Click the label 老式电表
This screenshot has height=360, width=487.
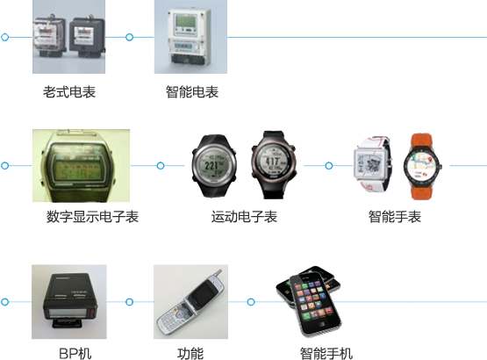[69, 92]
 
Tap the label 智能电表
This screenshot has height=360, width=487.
[192, 92]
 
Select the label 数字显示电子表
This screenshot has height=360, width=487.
[92, 216]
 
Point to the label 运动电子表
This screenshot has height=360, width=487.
[244, 216]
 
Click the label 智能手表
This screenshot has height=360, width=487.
[395, 216]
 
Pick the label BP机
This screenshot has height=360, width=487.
[75, 354]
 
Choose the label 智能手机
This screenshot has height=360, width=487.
[326, 354]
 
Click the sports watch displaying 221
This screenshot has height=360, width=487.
[214, 165]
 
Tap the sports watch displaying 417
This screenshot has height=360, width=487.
[273, 165]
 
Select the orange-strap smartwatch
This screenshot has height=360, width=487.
[422, 166]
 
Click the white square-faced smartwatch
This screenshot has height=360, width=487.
[372, 164]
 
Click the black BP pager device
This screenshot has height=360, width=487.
[70, 300]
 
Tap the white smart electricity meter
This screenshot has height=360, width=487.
[190, 37]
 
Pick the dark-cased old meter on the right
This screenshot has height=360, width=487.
[87, 36]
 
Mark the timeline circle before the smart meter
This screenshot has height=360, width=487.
[130, 37]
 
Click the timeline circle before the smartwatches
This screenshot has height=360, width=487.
[329, 166]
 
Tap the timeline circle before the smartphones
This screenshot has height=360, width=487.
[251, 301]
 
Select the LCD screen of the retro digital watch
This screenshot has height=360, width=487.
[77, 166]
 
